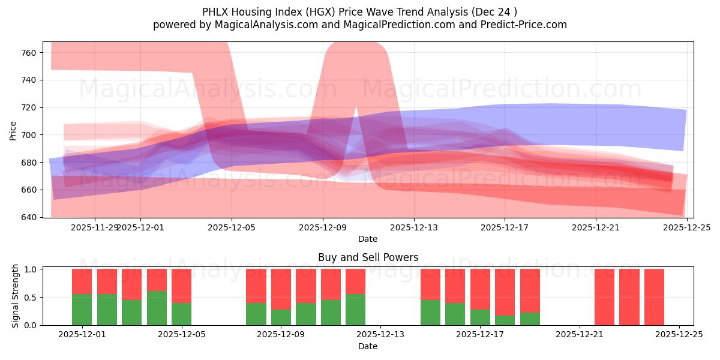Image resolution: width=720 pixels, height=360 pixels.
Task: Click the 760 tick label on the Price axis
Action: (29, 53)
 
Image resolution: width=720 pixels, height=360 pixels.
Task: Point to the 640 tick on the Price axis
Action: (29, 217)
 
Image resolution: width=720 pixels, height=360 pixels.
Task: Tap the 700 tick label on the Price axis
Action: (29, 135)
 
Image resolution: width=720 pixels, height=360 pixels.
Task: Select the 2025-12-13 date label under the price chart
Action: (413, 227)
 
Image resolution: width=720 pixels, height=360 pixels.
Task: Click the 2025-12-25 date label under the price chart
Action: (686, 227)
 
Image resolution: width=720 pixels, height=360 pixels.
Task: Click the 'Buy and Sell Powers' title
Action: (368, 257)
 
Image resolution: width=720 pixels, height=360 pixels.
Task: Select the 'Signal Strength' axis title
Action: (16, 296)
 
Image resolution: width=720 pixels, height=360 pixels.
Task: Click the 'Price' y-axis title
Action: (13, 130)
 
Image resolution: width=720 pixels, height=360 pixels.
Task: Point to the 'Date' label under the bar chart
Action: (368, 346)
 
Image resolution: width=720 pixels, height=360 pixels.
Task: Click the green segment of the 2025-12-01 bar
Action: (82, 310)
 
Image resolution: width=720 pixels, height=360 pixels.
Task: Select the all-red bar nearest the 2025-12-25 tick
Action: (654, 297)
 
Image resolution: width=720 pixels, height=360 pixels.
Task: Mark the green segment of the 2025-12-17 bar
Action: (480, 317)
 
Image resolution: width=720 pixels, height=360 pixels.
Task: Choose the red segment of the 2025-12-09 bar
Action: (281, 289)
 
